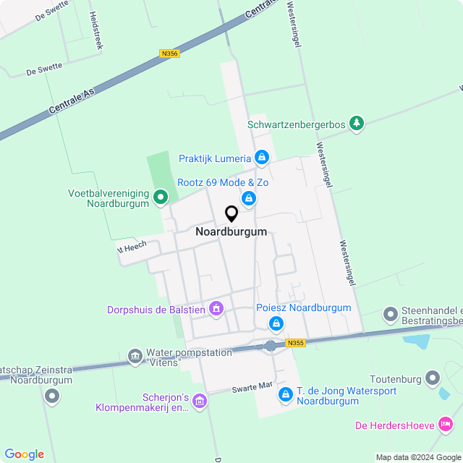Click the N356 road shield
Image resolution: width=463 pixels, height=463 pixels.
(x=169, y=54)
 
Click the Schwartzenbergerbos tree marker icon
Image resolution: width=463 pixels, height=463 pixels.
(x=356, y=124)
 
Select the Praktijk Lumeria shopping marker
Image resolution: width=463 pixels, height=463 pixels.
(x=262, y=157)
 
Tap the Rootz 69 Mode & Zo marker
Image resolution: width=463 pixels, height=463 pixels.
(x=249, y=197)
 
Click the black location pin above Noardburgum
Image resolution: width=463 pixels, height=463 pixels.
(x=231, y=214)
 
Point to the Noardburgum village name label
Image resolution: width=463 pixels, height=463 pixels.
(x=231, y=232)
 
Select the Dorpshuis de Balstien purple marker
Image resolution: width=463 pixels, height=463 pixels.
(x=216, y=310)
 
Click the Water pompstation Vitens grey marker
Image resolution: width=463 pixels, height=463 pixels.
(x=135, y=356)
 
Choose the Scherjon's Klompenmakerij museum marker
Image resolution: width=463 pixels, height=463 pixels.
(x=200, y=400)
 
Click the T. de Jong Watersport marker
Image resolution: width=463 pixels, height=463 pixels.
(x=286, y=394)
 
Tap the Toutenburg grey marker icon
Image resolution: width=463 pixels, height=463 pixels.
(x=433, y=378)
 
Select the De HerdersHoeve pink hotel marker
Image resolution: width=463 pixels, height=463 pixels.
(x=446, y=424)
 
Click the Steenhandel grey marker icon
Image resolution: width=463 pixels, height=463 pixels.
(x=391, y=314)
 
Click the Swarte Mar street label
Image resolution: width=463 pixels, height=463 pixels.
(x=252, y=388)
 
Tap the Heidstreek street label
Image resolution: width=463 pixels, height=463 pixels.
(x=93, y=29)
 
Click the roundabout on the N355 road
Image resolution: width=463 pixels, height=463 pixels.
(x=271, y=346)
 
